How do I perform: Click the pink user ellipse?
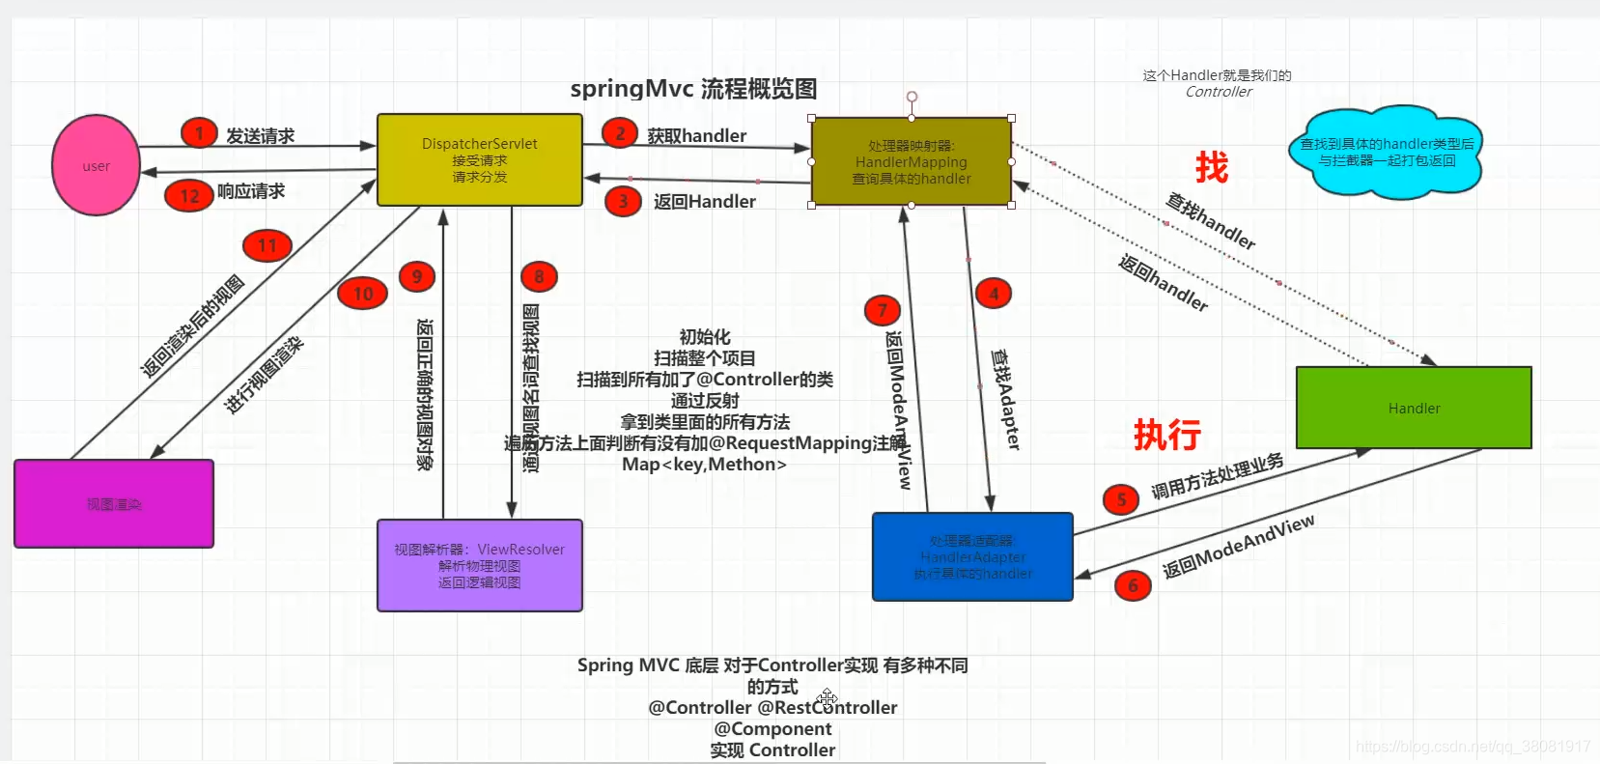[x=96, y=165]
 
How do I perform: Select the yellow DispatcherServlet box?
[x=479, y=159]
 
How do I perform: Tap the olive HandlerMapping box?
[x=911, y=161]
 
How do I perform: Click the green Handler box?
[x=1413, y=408]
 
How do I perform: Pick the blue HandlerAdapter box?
[x=972, y=556]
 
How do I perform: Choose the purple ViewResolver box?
[x=479, y=565]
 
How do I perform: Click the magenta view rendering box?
[x=114, y=503]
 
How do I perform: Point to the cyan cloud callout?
[x=1386, y=153]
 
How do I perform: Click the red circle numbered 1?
[x=199, y=133]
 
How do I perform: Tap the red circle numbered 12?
[x=189, y=196]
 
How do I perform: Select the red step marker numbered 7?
[x=882, y=310]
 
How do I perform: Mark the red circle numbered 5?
[x=1121, y=499]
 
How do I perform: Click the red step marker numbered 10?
[x=363, y=294]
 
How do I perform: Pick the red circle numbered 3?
[x=623, y=201]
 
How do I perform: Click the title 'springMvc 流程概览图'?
[x=693, y=89]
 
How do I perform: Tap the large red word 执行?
[x=1166, y=435]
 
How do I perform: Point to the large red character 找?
[x=1211, y=167]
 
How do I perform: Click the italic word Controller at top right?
[x=1219, y=92]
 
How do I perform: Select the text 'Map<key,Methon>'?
[x=704, y=465]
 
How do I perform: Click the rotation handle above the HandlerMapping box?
[x=912, y=97]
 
